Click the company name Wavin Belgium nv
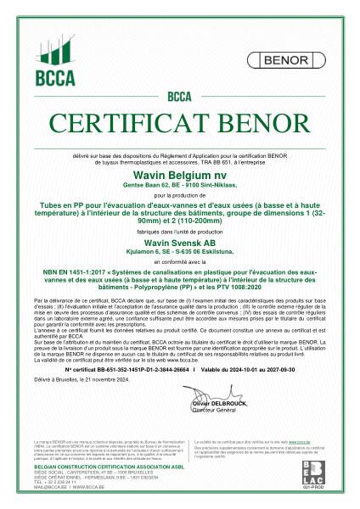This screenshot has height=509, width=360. [180, 173]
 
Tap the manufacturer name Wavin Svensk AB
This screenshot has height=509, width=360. [180, 242]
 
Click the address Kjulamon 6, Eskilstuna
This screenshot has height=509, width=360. [180, 251]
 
